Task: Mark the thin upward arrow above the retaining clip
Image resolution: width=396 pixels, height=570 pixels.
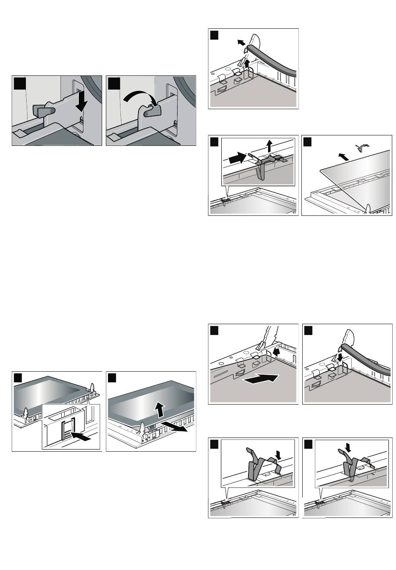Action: coord(270,146)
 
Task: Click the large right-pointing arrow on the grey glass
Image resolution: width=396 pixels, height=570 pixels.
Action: coord(261,380)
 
